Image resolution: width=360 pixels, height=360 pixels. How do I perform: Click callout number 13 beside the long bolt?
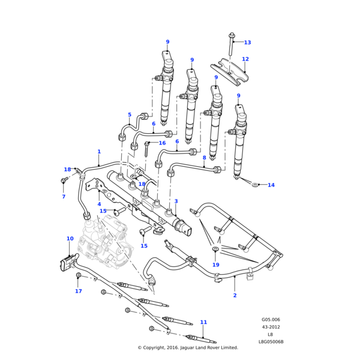point(247,43)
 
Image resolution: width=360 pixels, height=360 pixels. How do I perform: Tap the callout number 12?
point(245,59)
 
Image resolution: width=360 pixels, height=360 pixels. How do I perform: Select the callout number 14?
point(271,185)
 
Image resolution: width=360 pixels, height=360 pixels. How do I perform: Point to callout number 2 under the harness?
point(235,296)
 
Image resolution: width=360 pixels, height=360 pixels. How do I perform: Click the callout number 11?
point(203,323)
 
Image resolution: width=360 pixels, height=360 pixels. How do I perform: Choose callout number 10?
point(70,239)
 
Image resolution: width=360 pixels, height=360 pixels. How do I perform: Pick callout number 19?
point(215,265)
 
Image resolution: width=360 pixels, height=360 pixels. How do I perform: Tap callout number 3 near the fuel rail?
point(176,202)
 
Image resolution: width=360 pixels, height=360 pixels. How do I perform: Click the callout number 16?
point(162,143)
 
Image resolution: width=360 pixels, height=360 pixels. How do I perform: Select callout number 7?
point(64,197)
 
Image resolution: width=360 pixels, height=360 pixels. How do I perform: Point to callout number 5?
point(129,115)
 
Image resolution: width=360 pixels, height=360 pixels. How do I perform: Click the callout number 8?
point(204,158)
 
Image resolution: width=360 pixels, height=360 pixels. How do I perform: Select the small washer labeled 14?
point(255,184)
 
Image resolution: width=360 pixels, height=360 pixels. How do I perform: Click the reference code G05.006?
point(271,320)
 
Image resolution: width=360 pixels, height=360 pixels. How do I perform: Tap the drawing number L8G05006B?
point(271,341)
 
